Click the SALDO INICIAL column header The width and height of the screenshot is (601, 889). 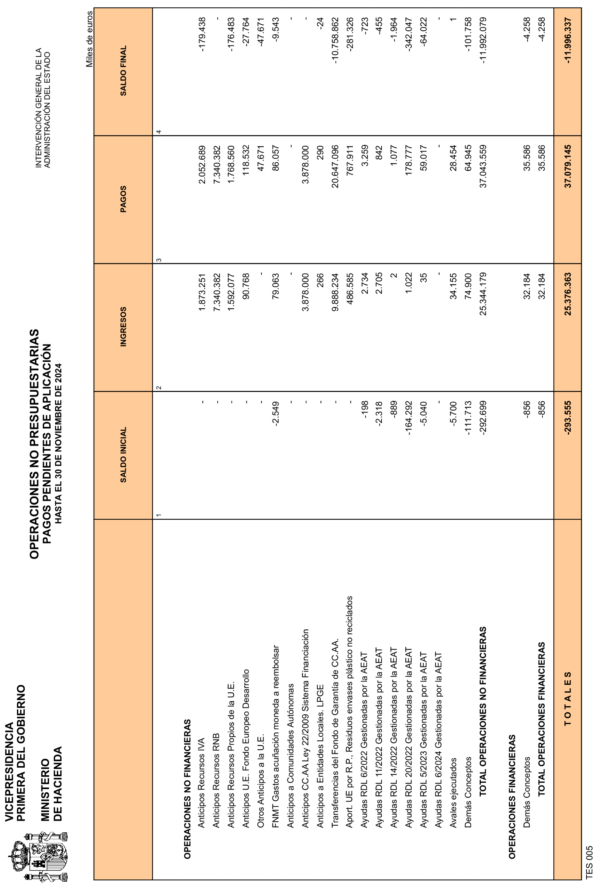(123, 455)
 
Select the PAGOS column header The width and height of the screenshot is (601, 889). (123, 199)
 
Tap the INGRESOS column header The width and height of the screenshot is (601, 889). (123, 327)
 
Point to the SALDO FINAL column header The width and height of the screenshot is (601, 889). (123, 71)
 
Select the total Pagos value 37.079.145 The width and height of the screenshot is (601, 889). (568, 166)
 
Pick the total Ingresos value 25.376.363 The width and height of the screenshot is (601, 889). (568, 294)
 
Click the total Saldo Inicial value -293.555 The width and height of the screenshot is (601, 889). (568, 417)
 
